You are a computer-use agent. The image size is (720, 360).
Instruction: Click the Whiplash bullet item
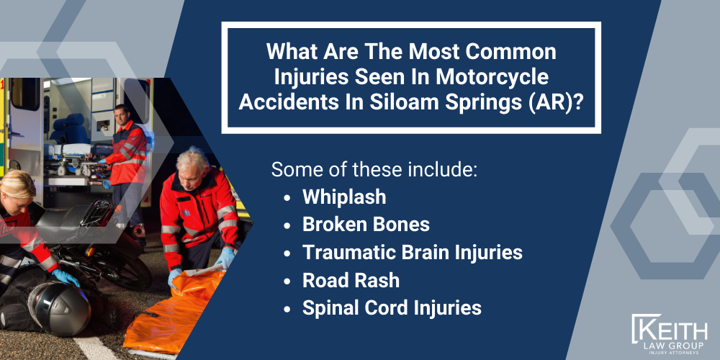point(344,197)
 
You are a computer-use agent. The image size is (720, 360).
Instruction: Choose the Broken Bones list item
point(366,225)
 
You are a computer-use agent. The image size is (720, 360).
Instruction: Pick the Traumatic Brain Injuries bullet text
point(413,253)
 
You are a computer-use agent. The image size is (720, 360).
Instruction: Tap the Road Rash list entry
point(351,280)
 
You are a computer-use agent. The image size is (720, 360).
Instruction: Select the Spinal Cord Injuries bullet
point(392,308)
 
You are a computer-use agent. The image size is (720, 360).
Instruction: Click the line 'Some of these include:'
point(374,170)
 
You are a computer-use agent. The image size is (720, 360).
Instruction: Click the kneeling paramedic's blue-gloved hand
point(175,277)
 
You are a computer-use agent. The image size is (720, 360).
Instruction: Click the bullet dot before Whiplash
point(288,197)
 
